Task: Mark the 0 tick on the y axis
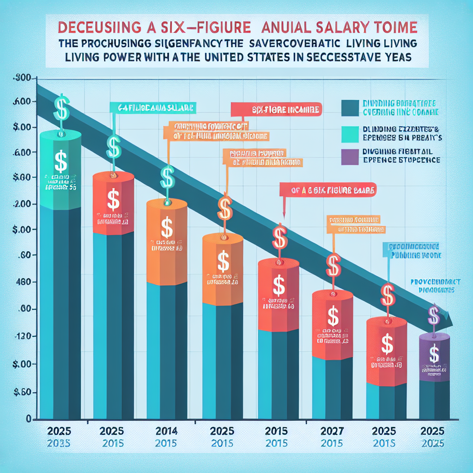tap(28, 419)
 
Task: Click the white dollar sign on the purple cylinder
tap(434, 353)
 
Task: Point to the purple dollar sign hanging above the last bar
tap(434, 315)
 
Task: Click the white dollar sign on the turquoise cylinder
tap(60, 161)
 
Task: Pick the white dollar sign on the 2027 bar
tap(333, 317)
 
